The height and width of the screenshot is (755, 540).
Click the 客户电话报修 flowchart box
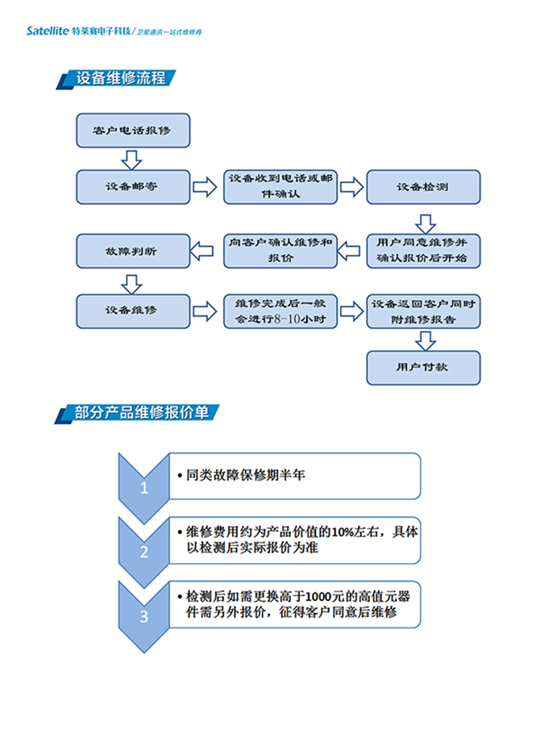(133, 131)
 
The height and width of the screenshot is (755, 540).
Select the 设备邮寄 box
(133, 186)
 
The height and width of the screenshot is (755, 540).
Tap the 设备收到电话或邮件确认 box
(280, 186)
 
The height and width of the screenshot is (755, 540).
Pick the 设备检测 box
(423, 186)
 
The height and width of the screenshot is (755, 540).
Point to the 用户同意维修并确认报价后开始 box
(423, 250)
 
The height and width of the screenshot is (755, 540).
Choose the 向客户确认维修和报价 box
(280, 250)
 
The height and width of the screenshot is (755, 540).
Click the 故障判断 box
(133, 251)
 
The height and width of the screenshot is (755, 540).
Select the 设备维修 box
(133, 311)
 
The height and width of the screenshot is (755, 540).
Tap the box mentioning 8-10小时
(280, 311)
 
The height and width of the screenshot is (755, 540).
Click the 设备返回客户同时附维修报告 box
(423, 311)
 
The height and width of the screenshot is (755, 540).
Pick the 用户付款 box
(423, 367)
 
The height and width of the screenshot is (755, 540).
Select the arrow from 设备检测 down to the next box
(425, 220)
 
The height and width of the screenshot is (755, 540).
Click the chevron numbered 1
(144, 487)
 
